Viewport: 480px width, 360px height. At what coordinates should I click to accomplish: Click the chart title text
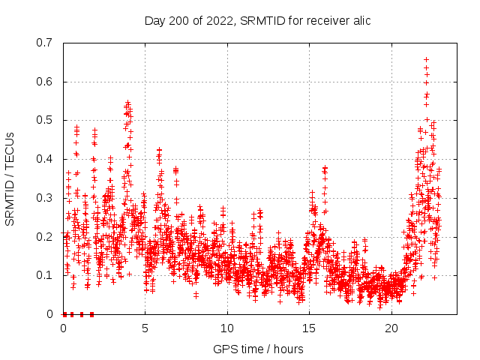tap(257, 20)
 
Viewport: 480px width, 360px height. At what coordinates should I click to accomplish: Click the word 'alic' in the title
tap(360, 20)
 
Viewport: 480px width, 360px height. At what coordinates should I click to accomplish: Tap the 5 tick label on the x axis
tap(145, 328)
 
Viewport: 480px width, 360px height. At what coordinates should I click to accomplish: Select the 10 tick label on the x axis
tap(227, 328)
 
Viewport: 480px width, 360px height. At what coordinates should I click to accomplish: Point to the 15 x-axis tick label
tap(310, 328)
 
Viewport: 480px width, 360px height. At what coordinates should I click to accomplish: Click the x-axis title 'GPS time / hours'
tap(257, 349)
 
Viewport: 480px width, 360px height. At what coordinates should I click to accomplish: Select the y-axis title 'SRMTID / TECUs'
tap(10, 178)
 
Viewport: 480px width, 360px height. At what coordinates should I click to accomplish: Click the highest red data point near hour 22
tap(426, 59)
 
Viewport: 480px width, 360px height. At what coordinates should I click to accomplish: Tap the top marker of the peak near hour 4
tap(128, 102)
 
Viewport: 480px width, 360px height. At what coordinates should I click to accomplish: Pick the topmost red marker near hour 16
tap(325, 168)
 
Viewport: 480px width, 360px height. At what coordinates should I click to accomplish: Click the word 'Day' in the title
tap(155, 20)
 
